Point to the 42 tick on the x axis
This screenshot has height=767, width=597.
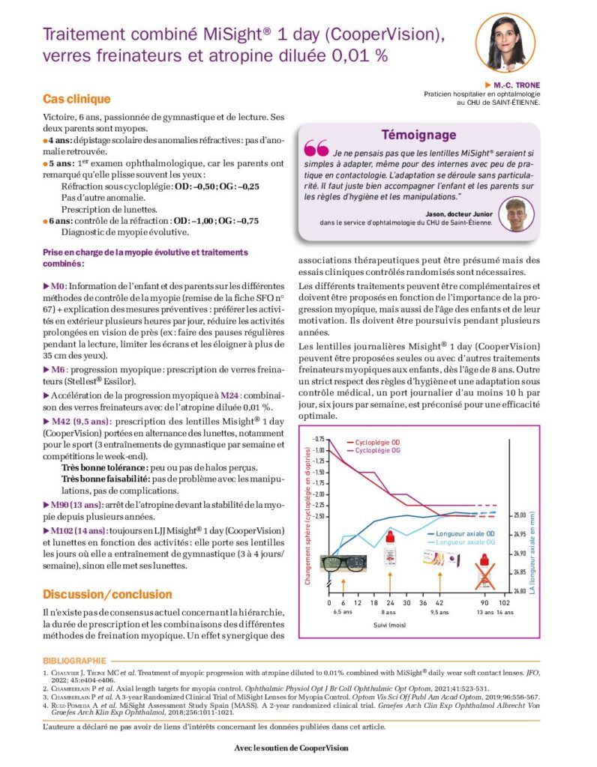[439, 602]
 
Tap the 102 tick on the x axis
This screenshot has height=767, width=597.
[505, 602]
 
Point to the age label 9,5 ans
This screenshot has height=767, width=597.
[439, 611]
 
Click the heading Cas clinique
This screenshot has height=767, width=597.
[76, 99]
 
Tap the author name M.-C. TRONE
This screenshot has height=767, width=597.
[517, 85]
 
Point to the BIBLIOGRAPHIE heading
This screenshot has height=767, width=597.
[74, 661]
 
